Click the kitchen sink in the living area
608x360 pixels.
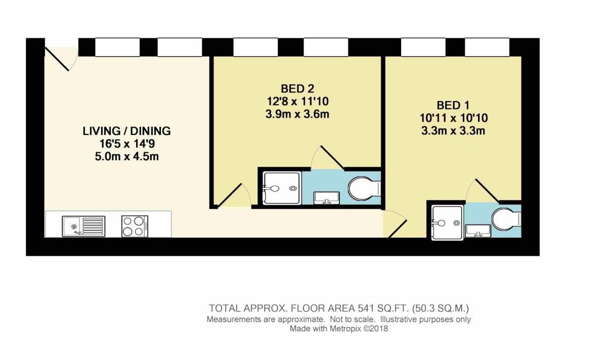83,226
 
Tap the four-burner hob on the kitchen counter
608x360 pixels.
135,226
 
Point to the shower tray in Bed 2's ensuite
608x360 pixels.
282,188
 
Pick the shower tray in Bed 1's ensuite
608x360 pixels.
446,222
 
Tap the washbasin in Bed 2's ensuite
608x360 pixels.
326,198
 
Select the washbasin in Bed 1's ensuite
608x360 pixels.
477,231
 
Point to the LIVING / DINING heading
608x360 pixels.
126,131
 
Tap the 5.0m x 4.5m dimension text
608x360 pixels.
126,156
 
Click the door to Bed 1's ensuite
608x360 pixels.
485,190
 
